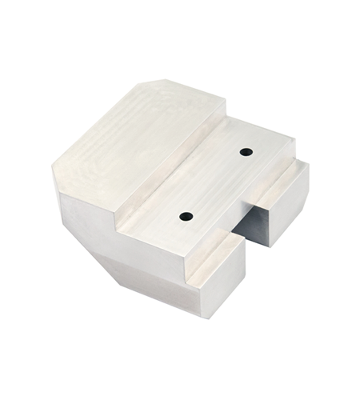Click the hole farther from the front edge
(x=246, y=150)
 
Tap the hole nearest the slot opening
(x=186, y=216)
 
